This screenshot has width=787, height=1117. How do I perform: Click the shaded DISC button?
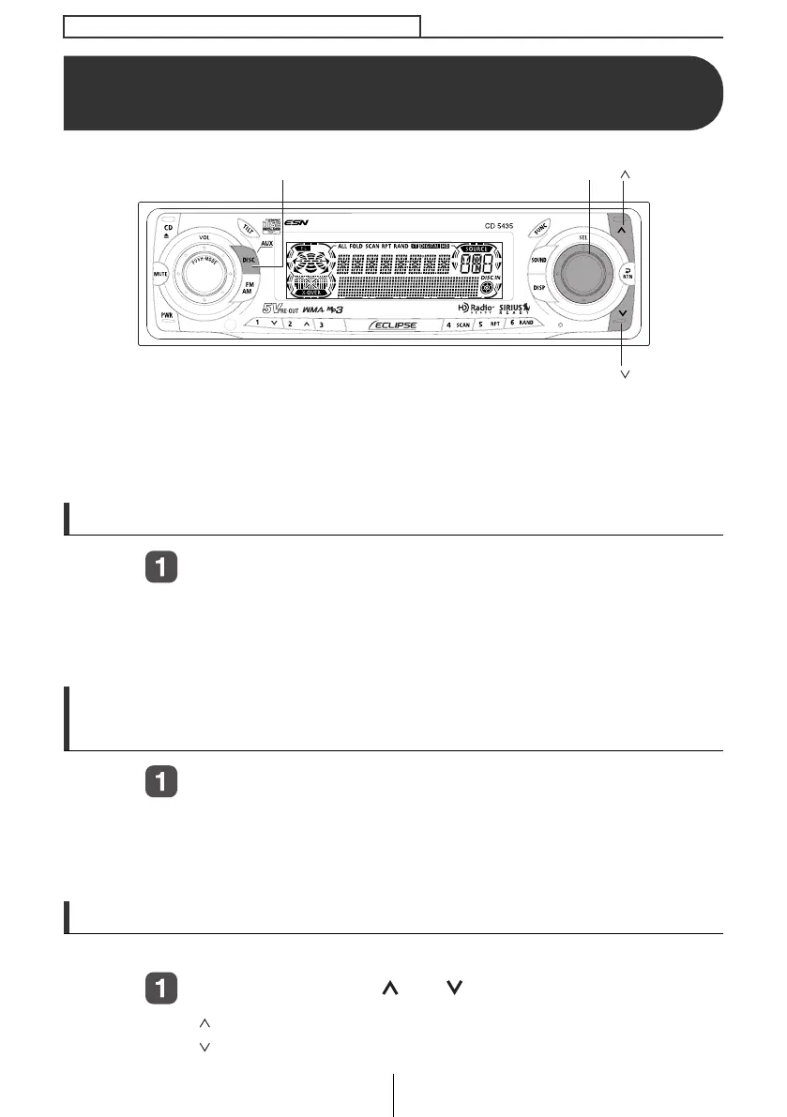click(248, 262)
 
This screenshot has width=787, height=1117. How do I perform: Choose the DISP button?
click(538, 288)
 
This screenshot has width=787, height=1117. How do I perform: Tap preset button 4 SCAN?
click(457, 325)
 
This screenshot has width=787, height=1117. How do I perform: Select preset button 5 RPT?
click(488, 325)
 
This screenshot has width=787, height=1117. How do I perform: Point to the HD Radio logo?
click(475, 308)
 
